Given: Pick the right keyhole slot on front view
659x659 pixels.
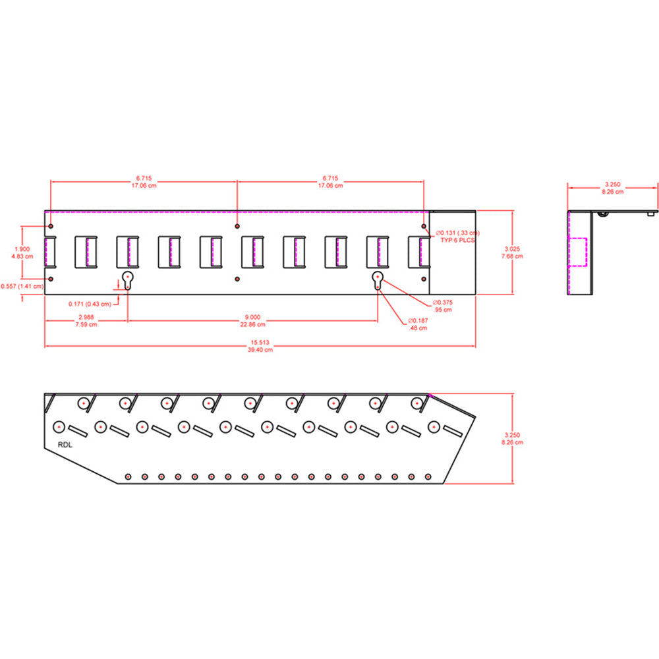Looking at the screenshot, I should coord(378,279).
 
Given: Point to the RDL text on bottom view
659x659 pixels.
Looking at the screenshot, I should coord(65,444).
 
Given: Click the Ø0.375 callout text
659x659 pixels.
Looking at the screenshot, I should coord(442,302).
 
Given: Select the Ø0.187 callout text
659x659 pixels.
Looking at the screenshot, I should coord(418,320).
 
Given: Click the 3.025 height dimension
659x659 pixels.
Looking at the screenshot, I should coord(512,248).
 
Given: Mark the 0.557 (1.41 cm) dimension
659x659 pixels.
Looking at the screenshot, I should coord(22,285).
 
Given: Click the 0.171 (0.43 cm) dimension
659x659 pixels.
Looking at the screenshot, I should coord(90,304).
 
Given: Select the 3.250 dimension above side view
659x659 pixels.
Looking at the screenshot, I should coord(613,185).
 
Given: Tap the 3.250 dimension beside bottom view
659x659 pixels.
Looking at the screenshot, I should coord(512,435).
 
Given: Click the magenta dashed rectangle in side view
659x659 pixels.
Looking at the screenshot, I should coord(577,252).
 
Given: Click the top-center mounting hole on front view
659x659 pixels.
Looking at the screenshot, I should coord(237,226).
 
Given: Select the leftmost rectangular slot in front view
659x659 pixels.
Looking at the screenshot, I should coord(50,252).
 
